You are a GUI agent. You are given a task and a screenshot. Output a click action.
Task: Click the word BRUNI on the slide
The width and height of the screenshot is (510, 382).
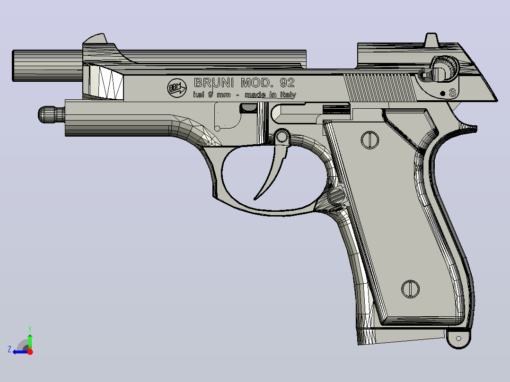(214, 83)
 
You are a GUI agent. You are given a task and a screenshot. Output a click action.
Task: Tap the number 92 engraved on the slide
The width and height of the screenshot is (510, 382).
(287, 83)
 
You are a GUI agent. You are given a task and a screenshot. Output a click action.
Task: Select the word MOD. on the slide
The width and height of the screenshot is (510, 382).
(256, 83)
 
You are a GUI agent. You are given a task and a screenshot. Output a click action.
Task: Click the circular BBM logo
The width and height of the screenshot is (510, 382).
(177, 88)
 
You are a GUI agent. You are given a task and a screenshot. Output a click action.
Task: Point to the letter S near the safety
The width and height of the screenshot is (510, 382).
(452, 93)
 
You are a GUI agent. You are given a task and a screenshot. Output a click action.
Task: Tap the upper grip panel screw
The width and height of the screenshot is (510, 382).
(370, 140)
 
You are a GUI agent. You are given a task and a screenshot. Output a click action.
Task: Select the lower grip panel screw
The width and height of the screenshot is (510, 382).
(411, 289)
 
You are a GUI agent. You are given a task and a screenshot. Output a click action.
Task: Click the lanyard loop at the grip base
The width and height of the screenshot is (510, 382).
(458, 339)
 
